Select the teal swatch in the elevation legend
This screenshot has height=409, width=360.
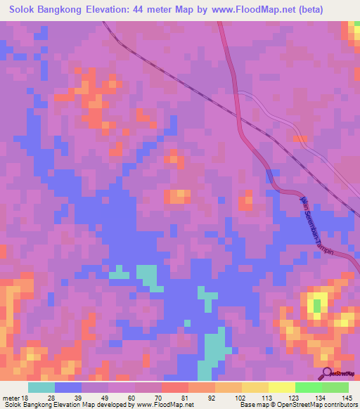click(x=41, y=387)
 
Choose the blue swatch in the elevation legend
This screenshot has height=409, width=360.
click(x=67, y=387)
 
